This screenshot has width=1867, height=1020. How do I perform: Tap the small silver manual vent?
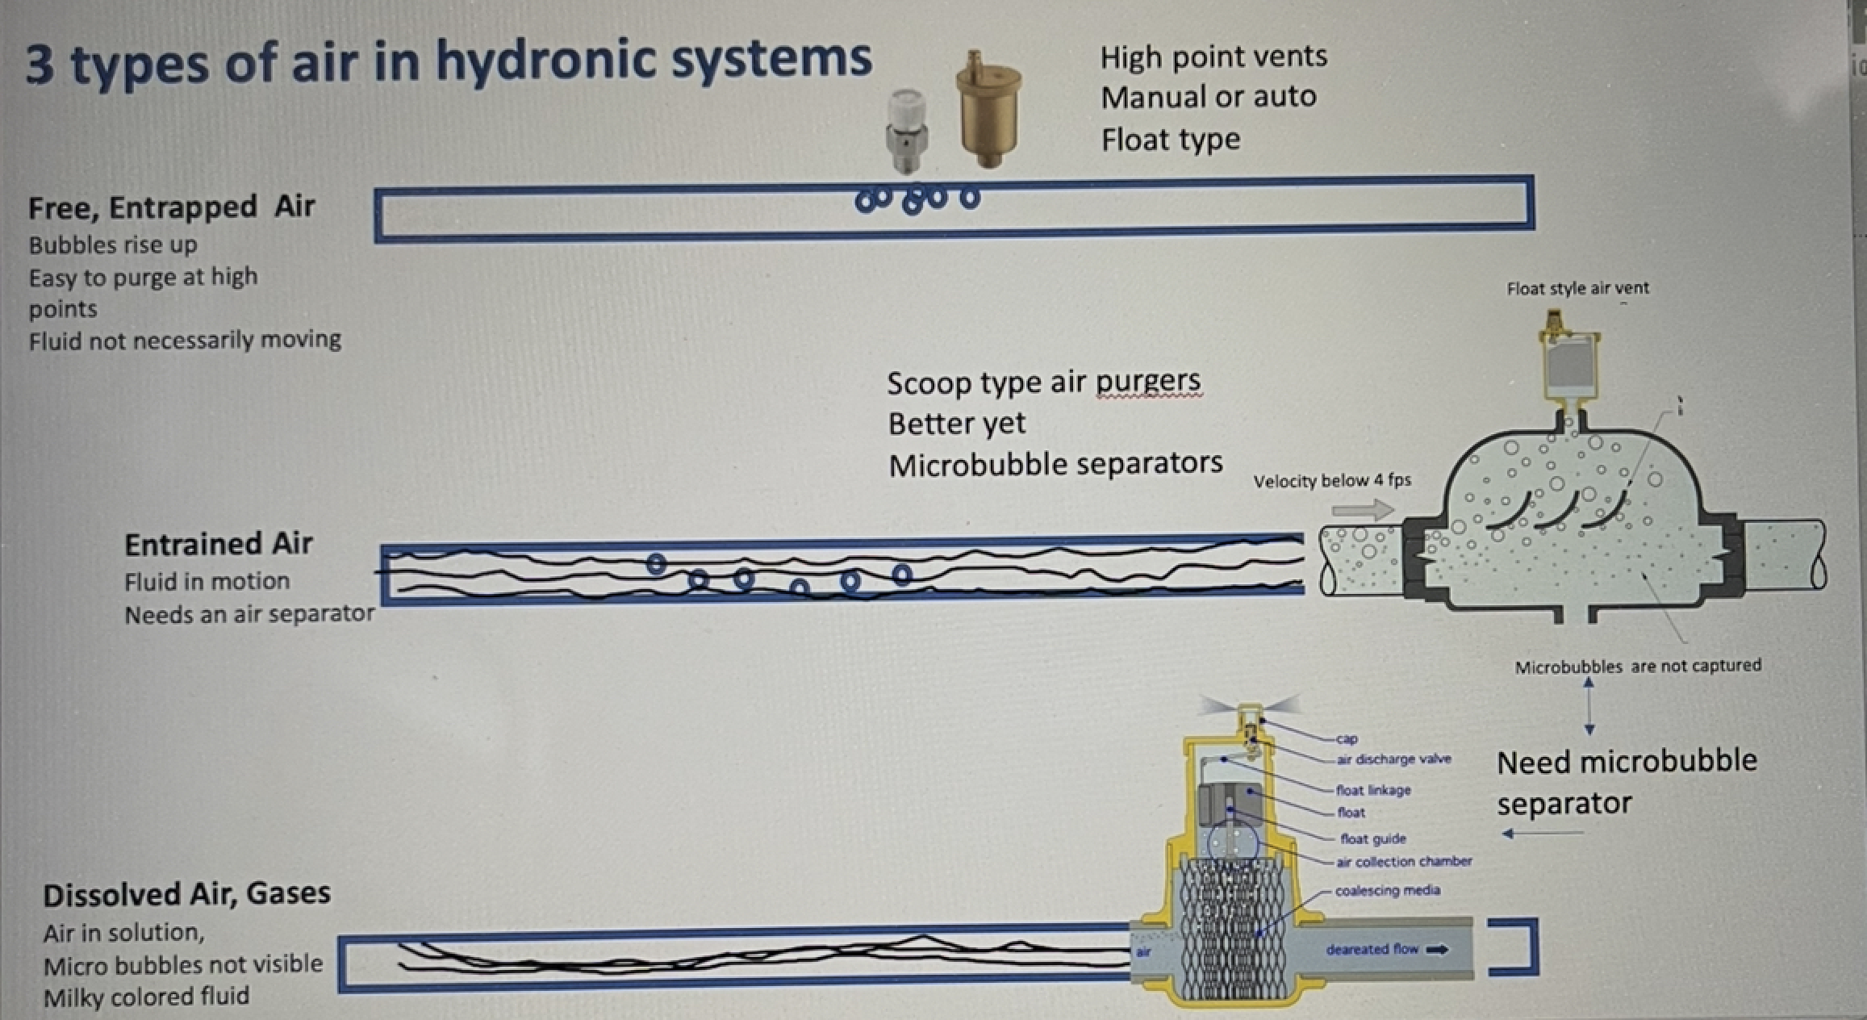908,132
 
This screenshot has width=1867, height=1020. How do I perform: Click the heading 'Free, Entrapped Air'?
171,207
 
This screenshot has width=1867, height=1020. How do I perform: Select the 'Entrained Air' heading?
218,544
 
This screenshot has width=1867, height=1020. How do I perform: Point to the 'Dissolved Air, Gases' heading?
186,894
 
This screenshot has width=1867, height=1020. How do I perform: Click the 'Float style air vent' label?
1577,288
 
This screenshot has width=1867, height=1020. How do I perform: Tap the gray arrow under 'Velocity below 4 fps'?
1363,509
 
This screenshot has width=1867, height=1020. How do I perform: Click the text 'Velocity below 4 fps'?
1332,481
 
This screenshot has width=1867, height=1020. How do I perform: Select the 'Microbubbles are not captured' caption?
1637,667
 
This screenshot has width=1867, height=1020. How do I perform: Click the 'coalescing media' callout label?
1387,891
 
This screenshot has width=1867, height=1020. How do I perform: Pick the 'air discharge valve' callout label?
1393,759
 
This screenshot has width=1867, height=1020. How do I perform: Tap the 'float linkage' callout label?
1373,790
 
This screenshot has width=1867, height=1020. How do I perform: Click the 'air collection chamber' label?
1404,862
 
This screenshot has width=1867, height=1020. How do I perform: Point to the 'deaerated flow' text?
1372,949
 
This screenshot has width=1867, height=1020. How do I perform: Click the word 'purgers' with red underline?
1148,382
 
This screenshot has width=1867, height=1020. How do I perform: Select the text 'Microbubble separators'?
1055,464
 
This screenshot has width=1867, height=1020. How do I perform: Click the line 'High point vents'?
1213,56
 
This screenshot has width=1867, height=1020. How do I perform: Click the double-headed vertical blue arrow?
1589,706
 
